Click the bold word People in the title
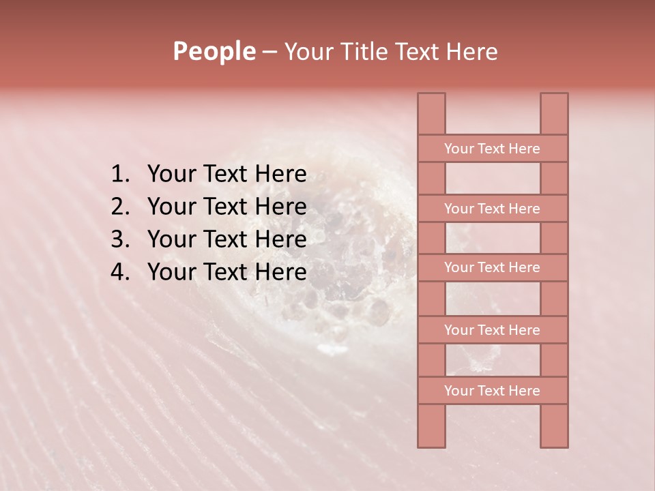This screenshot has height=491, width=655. pos(214,51)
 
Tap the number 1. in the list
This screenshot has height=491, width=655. pos(120,175)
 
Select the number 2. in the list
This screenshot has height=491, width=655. pos(120,207)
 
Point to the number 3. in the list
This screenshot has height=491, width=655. pos(120,239)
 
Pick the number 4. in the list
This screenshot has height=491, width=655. pos(120,272)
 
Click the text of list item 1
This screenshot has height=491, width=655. pos(227,175)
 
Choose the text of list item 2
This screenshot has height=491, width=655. pos(227,207)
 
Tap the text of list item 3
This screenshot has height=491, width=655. pos(227,239)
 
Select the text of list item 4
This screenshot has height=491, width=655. pos(227,272)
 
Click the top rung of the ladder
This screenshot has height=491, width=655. pos(492,149)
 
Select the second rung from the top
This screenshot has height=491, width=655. pos(492,209)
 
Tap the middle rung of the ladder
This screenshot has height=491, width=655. pos(492,267)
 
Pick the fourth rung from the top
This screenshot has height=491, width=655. pos(492,330)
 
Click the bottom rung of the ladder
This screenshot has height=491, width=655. pos(492,391)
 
